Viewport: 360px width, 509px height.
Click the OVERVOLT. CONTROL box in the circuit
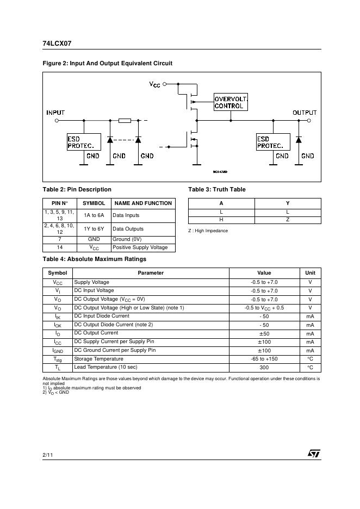tap(231, 102)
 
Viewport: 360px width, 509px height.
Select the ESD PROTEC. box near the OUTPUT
tap(272, 142)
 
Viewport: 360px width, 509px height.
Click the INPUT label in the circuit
tap(55, 113)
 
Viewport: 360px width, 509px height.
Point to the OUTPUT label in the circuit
tap(305, 113)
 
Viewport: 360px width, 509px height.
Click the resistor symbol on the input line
tap(125, 121)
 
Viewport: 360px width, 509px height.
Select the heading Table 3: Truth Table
tap(216, 189)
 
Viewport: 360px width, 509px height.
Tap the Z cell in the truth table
tap(288, 220)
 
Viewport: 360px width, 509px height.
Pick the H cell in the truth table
tap(221, 220)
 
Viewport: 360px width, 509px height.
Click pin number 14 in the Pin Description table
tap(60, 247)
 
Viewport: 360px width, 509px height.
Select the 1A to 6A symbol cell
tap(94, 215)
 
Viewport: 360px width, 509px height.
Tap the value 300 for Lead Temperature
tap(264, 368)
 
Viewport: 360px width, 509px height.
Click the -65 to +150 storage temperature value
tap(264, 359)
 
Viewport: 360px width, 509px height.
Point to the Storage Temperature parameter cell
tap(99, 359)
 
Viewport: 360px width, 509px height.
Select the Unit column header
tap(310, 273)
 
